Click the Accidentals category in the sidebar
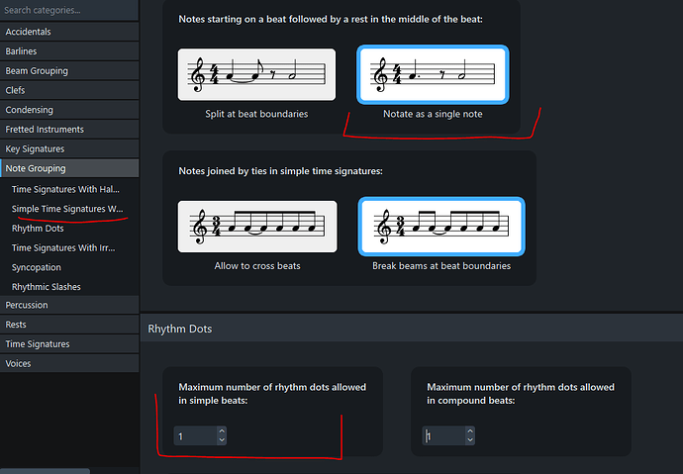click(x=69, y=32)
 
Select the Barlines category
click(x=69, y=51)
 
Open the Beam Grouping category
click(x=69, y=71)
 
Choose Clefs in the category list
click(x=69, y=90)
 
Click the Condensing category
click(x=69, y=110)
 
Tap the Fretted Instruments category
click(x=69, y=130)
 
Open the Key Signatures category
click(x=69, y=149)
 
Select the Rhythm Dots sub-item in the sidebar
click(x=38, y=229)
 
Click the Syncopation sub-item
click(x=37, y=268)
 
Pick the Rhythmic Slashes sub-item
click(x=47, y=287)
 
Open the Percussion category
click(x=69, y=305)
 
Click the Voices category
click(x=69, y=364)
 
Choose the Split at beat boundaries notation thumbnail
click(x=256, y=74)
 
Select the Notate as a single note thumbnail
click(x=433, y=74)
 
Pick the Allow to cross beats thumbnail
click(x=257, y=227)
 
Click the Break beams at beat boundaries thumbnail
click(x=441, y=227)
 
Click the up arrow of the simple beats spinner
click(x=222, y=431)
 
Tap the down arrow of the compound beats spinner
click(x=470, y=440)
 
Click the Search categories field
click(x=69, y=10)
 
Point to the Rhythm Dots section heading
click(x=180, y=330)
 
